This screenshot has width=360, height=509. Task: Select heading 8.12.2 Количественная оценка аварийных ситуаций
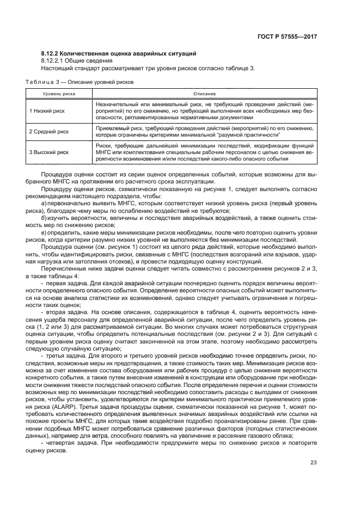tap(119, 53)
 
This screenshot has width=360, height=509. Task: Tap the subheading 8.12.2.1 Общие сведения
tap(75, 60)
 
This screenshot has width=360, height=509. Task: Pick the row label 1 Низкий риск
tap(48, 110)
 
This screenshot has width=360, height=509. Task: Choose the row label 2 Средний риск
tap(50, 131)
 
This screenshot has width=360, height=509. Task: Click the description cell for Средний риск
tap(204, 131)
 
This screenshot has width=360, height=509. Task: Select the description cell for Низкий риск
tap(204, 110)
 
